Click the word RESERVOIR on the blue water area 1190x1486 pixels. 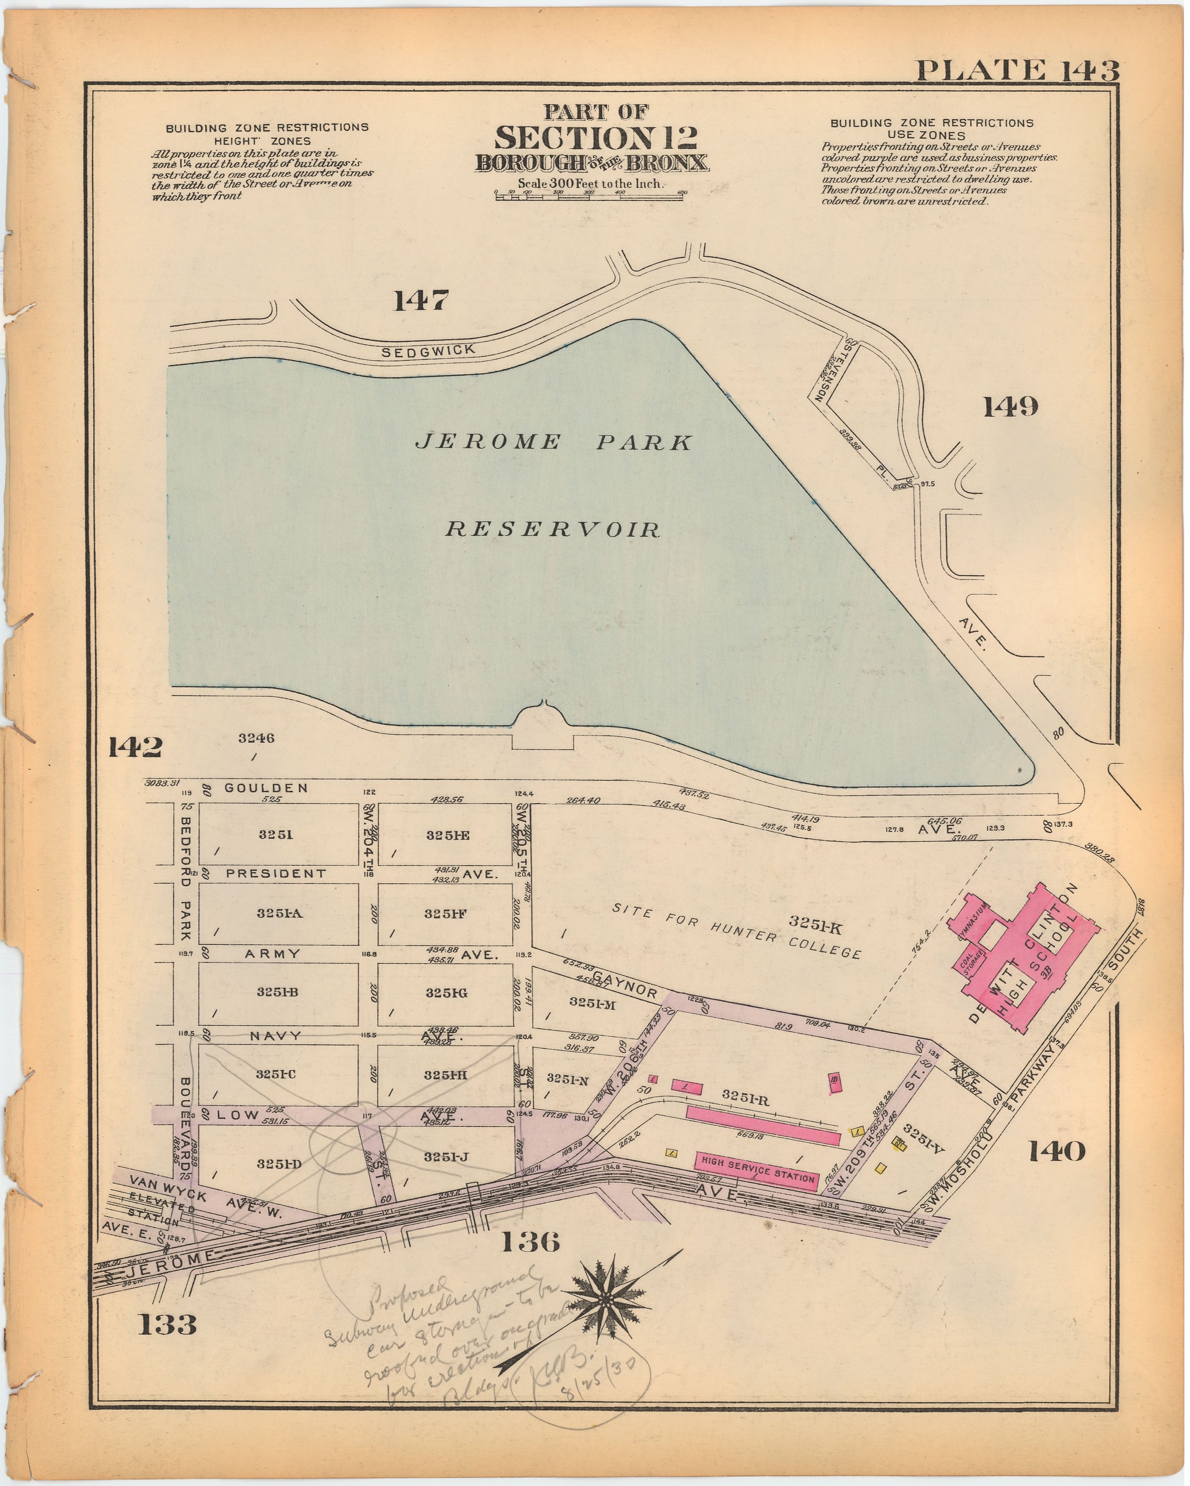pyautogui.click(x=553, y=529)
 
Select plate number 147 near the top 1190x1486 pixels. pyautogui.click(x=420, y=301)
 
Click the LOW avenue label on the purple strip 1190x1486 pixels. pyautogui.click(x=238, y=1114)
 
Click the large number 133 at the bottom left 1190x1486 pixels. pyautogui.click(x=167, y=1324)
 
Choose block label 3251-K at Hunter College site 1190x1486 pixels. pyautogui.click(x=813, y=921)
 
